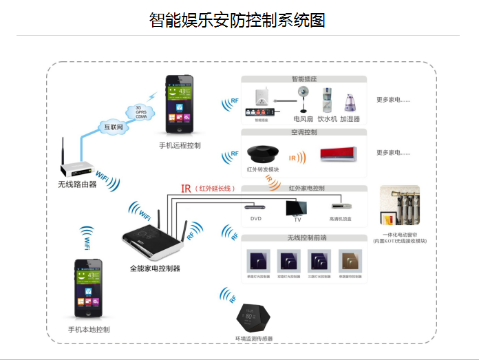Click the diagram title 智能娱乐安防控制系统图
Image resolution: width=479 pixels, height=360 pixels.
(x=237, y=20)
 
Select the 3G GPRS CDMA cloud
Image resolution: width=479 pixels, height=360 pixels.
(x=142, y=111)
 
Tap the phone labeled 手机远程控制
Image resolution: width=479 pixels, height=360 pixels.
(x=180, y=106)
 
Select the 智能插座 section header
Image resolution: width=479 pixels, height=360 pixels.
(x=304, y=79)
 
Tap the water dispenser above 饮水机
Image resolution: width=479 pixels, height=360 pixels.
(x=325, y=100)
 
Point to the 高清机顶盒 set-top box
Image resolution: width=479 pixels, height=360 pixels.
(x=340, y=206)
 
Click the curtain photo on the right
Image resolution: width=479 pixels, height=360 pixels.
(x=400, y=206)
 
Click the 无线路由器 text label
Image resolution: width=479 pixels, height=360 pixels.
(x=77, y=184)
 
